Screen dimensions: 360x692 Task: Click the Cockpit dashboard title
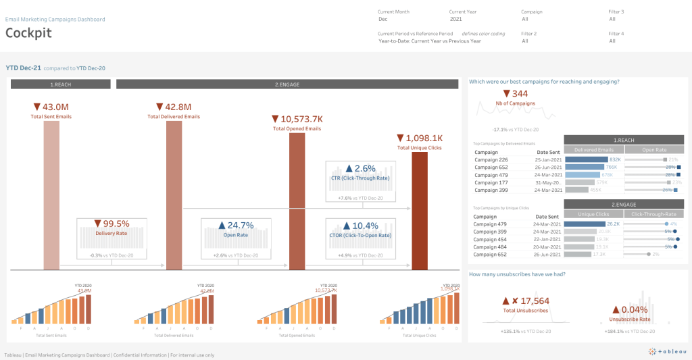tap(28, 33)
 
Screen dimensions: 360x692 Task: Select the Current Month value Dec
tap(382, 20)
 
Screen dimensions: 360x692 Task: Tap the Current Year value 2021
tap(455, 20)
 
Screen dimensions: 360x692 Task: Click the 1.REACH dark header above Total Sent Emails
tap(61, 84)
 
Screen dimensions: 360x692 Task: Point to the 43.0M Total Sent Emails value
tap(51, 107)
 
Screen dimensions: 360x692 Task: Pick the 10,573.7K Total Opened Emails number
tap(297, 118)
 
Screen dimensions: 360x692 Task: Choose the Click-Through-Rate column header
tap(652, 214)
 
